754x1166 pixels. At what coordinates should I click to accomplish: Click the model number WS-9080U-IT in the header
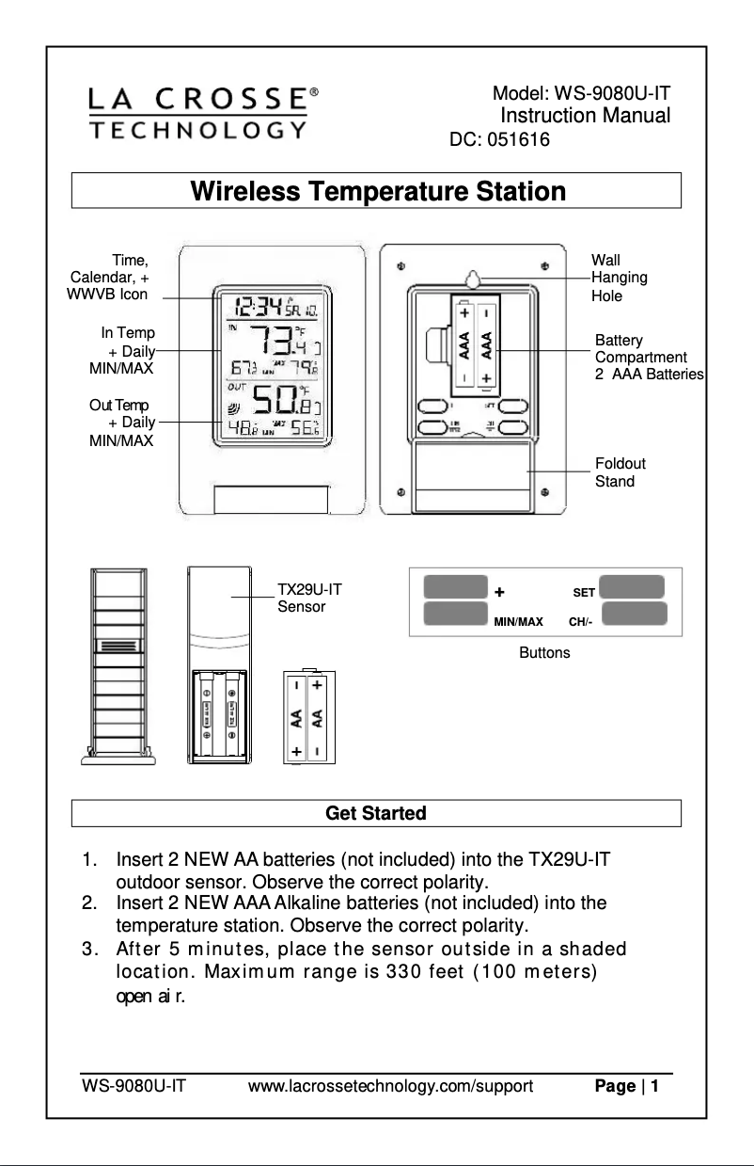pos(581,94)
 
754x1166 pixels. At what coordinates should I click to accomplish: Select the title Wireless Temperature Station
pos(378,192)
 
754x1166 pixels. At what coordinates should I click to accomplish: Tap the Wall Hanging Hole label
pos(619,278)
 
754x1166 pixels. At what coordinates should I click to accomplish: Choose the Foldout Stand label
pos(620,472)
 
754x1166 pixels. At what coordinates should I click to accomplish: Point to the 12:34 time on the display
pos(258,306)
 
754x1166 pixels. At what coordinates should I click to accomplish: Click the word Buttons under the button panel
pos(544,652)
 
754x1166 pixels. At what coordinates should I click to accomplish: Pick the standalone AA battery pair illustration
pos(308,718)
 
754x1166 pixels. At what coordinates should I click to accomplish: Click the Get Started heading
pos(375,813)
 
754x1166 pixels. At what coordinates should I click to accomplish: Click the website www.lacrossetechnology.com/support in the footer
pos(390,1088)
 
